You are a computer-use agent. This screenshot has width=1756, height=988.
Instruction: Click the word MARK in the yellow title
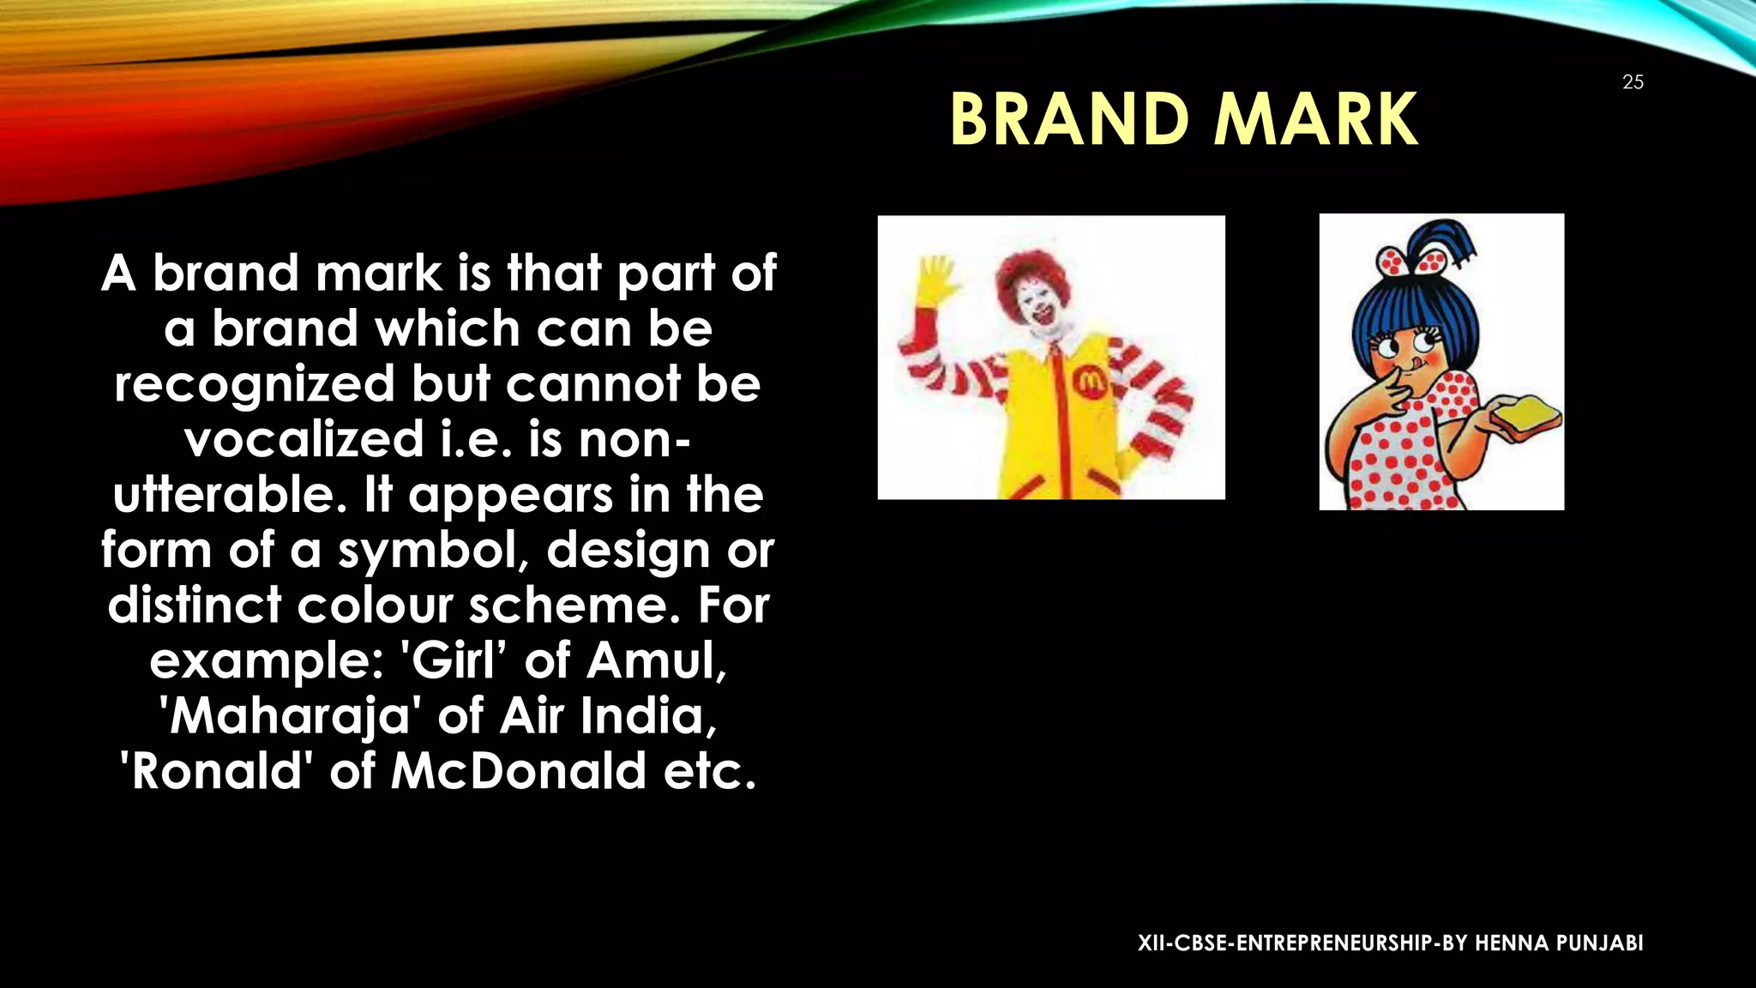point(1316,120)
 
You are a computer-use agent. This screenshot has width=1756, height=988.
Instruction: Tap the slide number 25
point(1633,82)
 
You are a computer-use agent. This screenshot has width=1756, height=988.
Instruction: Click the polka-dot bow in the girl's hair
point(1406,259)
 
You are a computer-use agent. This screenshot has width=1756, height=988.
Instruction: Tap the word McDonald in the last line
point(518,771)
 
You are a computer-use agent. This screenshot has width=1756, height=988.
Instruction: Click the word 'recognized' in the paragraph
point(255,384)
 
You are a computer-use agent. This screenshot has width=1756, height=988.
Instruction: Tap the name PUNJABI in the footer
point(1600,943)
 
